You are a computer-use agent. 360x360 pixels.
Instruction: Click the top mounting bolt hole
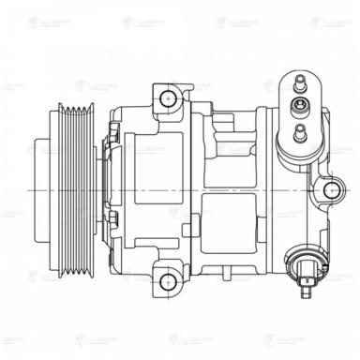pos(168,97)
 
